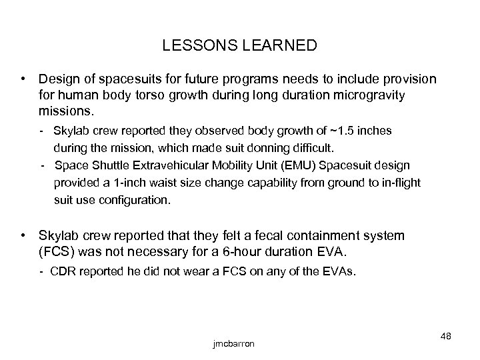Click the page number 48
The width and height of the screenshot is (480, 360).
click(445, 335)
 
